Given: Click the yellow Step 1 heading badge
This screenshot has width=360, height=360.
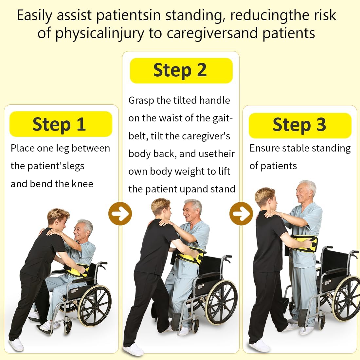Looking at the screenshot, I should [x=61, y=124].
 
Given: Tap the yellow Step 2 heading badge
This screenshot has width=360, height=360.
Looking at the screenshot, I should [x=181, y=70].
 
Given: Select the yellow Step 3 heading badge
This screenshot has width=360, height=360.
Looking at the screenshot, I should [x=300, y=125].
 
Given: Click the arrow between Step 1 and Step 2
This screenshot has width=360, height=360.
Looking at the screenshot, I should [x=120, y=214].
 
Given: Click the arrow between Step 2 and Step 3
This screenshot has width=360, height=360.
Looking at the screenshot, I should [x=241, y=214].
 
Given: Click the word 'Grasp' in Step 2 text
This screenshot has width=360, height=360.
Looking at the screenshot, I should [x=141, y=100].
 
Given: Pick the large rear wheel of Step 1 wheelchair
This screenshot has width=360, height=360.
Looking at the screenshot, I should [x=95, y=306].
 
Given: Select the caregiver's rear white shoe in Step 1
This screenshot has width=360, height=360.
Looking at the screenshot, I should [x=16, y=344].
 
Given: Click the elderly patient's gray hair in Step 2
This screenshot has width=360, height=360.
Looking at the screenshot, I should [x=195, y=204].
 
